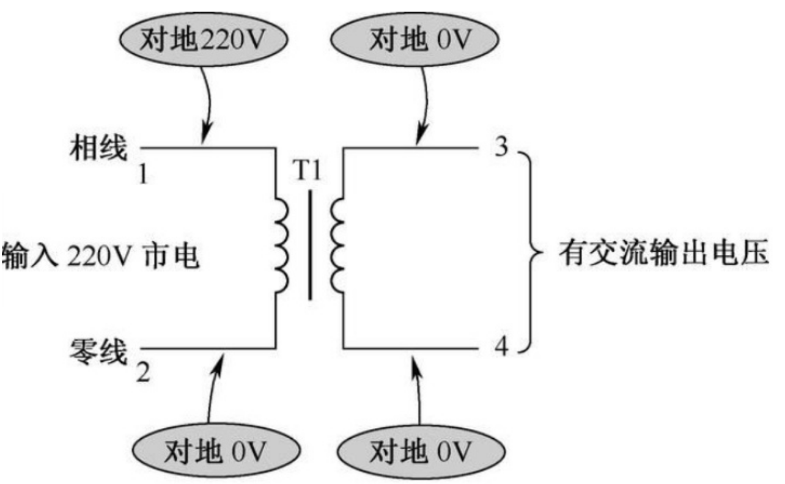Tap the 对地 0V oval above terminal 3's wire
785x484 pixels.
click(414, 40)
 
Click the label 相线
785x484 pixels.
click(98, 147)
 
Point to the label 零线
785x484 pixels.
click(98, 351)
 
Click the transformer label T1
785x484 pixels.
click(308, 172)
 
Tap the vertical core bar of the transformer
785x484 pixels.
click(310, 245)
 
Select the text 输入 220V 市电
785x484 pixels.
click(101, 253)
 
